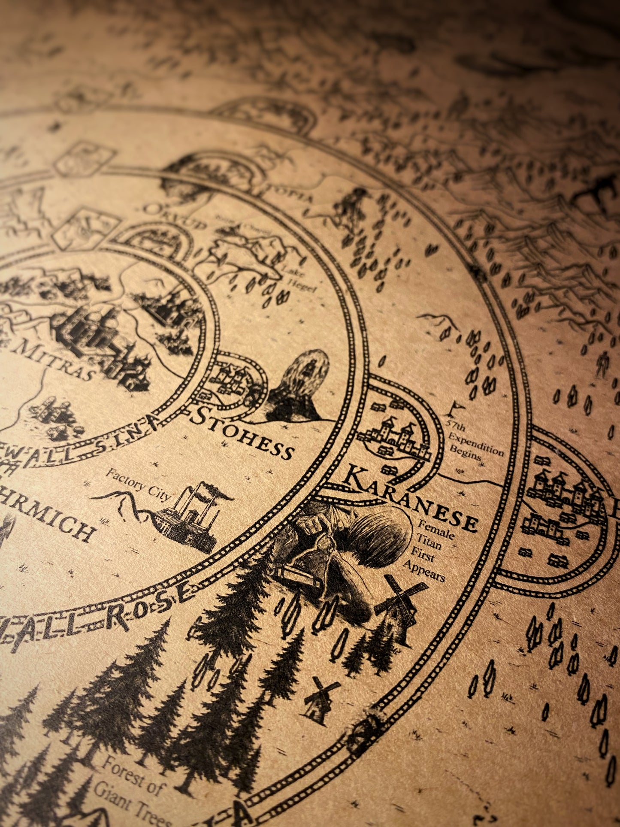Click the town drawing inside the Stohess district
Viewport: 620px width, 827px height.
(230, 380)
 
